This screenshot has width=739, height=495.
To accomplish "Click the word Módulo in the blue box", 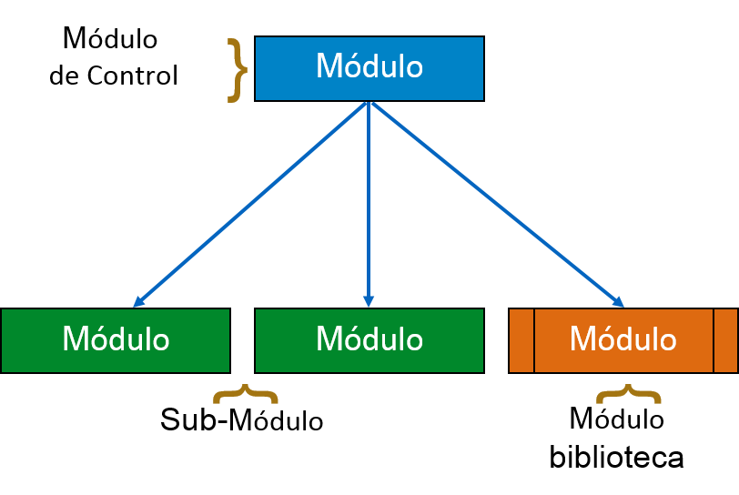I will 369,67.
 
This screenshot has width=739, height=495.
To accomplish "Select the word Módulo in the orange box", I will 623,339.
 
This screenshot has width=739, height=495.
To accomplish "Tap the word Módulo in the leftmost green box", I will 116,339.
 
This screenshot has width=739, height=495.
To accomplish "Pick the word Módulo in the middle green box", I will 369,339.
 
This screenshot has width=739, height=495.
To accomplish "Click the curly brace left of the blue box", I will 237,70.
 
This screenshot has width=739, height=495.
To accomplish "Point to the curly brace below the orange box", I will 628,394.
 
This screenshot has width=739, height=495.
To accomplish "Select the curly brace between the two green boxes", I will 245,394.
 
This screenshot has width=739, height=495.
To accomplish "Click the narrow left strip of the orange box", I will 521,340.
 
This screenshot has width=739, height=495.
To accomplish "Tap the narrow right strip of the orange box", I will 725,340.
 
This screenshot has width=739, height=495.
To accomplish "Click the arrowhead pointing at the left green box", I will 138,302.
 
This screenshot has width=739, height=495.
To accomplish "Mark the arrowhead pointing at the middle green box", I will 369,301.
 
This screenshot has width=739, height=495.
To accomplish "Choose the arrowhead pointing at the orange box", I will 618,302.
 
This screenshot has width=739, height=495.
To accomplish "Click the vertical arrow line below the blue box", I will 369,200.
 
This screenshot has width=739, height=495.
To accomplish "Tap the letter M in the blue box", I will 328,67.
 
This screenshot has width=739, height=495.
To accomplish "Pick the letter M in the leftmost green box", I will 75,339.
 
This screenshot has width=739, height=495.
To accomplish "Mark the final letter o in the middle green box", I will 414,341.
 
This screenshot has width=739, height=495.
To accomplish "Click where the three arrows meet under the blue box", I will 369,104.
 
